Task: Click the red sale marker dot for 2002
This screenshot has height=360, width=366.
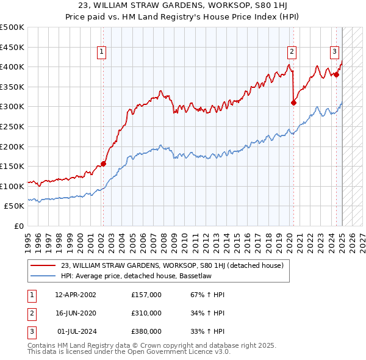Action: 103,164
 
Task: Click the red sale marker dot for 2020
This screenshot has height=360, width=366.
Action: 293,103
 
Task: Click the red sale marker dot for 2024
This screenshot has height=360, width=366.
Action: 336,74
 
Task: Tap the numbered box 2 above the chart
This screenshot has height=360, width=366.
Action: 292,52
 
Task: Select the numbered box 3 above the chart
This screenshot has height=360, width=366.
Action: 335,52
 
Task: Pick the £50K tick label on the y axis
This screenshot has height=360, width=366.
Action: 15,206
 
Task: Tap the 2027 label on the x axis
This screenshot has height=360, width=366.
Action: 362,239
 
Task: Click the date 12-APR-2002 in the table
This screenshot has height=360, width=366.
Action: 76,295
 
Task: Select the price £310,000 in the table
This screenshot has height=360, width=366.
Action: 146,313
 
